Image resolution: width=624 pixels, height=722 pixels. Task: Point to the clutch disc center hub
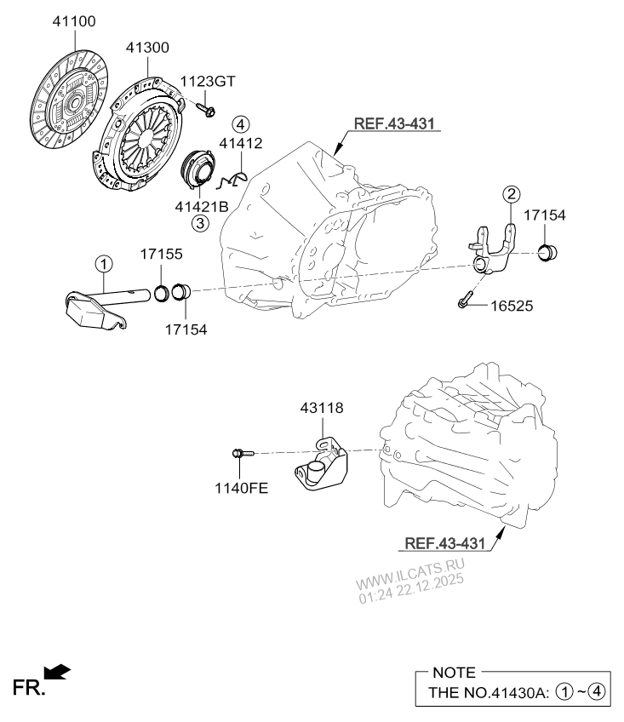(72, 103)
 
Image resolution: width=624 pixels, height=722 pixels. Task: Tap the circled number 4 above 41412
(241, 124)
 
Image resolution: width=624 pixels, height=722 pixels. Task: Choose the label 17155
(162, 255)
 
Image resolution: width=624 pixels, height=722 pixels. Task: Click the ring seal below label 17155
(160, 294)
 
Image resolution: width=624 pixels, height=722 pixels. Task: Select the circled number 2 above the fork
(510, 194)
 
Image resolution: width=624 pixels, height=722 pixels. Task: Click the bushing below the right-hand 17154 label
(548, 251)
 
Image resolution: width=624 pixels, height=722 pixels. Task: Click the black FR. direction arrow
(57, 673)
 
